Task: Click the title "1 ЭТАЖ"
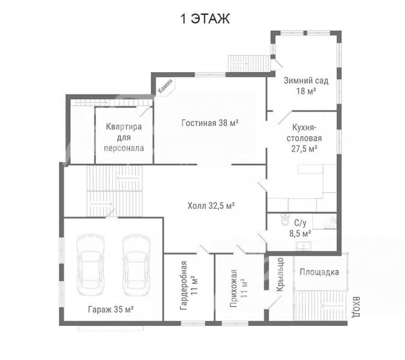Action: pos(205,19)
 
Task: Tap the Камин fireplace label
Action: pos(165,86)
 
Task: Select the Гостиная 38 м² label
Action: pos(210,122)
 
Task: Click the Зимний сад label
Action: pos(306,80)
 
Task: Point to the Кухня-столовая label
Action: pos(304,138)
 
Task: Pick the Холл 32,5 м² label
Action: pos(211,206)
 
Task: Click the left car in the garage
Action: pos(91,265)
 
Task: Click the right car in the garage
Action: pos(136,265)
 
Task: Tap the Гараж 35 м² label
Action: pos(111,309)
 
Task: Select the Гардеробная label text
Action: pos(184,286)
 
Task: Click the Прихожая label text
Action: pos(233,288)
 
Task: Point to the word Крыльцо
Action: pos(280,274)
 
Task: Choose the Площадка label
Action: pos(319,272)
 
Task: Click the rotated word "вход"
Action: pos(356,307)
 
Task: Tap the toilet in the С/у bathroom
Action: pos(285,220)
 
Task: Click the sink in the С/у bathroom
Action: pos(304,246)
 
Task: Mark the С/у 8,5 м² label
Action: pos(300,228)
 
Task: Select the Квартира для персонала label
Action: pos(124,137)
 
